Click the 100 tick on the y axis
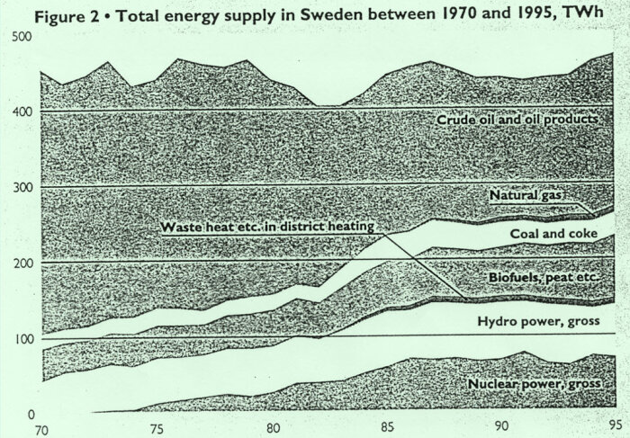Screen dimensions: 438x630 click(22, 338)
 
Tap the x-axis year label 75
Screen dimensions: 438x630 click(156, 428)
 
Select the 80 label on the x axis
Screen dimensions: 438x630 click(272, 428)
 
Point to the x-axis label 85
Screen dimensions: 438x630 click(387, 428)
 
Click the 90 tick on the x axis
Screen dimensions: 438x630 click(500, 428)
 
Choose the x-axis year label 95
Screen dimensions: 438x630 click(616, 428)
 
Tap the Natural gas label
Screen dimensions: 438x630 click(526, 194)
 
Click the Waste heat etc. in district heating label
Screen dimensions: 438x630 click(266, 228)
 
